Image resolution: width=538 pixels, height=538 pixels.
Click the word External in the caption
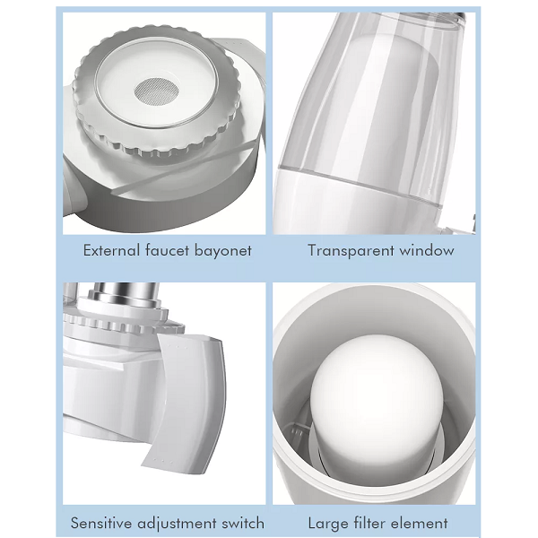(111, 250)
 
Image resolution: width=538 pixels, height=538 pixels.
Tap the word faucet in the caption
(167, 250)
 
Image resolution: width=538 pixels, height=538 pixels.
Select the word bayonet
(223, 251)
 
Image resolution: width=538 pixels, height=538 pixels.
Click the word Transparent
(351, 251)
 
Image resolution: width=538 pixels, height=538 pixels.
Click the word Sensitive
(101, 524)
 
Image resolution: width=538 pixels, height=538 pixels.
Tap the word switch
(243, 524)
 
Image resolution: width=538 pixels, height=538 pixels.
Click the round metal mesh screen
(157, 91)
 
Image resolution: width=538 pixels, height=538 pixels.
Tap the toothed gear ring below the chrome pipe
(124, 325)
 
